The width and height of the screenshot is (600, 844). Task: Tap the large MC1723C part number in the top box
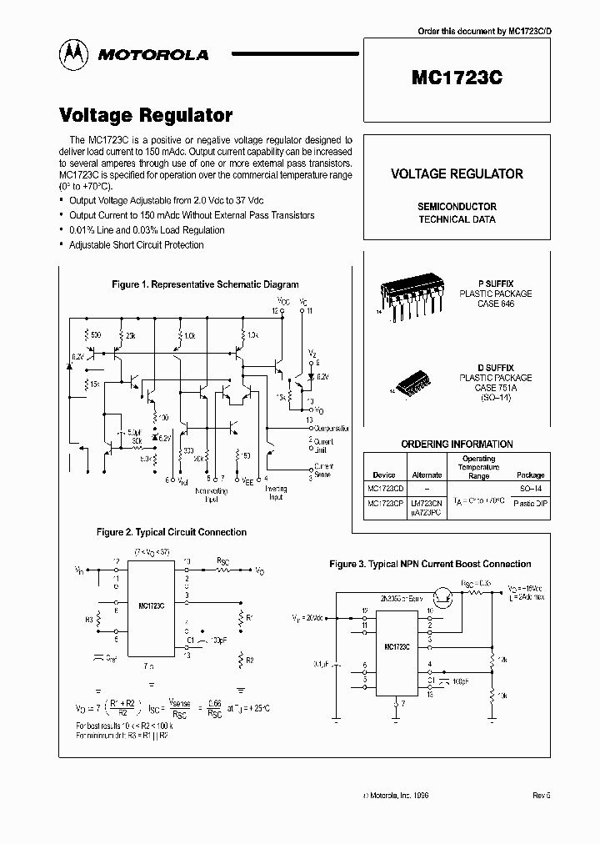(x=457, y=78)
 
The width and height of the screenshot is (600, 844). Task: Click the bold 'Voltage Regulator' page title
(x=146, y=116)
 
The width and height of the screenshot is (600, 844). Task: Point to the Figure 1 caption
(x=205, y=284)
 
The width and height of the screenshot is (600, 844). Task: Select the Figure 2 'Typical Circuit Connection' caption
(x=172, y=532)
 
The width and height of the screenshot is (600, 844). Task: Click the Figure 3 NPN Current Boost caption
(x=430, y=565)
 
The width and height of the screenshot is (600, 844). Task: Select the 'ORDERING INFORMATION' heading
(x=457, y=444)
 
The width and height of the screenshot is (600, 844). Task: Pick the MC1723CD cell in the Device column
(x=383, y=489)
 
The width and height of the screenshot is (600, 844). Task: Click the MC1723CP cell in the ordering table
(x=383, y=503)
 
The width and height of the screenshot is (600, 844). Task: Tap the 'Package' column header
(x=530, y=475)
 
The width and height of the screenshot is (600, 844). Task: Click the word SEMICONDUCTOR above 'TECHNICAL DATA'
(x=457, y=206)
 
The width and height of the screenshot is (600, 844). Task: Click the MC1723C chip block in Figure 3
(x=397, y=646)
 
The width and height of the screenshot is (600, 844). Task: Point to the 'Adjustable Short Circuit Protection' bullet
(x=137, y=244)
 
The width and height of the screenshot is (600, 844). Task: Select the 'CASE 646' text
(x=496, y=304)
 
